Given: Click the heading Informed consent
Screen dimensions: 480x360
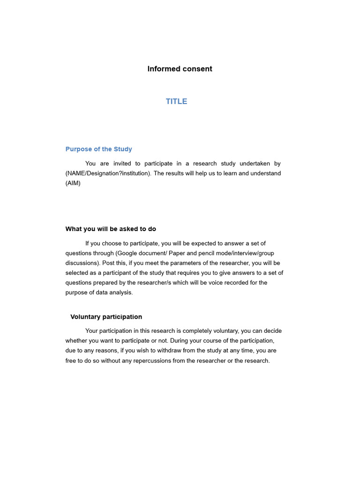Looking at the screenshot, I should [x=180, y=69].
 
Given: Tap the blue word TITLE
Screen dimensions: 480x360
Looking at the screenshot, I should [x=176, y=101].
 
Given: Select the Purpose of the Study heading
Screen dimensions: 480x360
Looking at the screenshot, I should [x=98, y=149].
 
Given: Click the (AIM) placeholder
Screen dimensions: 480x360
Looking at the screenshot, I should [x=73, y=183].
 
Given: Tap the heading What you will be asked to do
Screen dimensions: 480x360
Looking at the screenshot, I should [x=111, y=229].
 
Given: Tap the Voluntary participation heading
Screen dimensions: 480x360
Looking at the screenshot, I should [x=106, y=317].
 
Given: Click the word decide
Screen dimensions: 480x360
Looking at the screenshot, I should [x=271, y=331].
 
